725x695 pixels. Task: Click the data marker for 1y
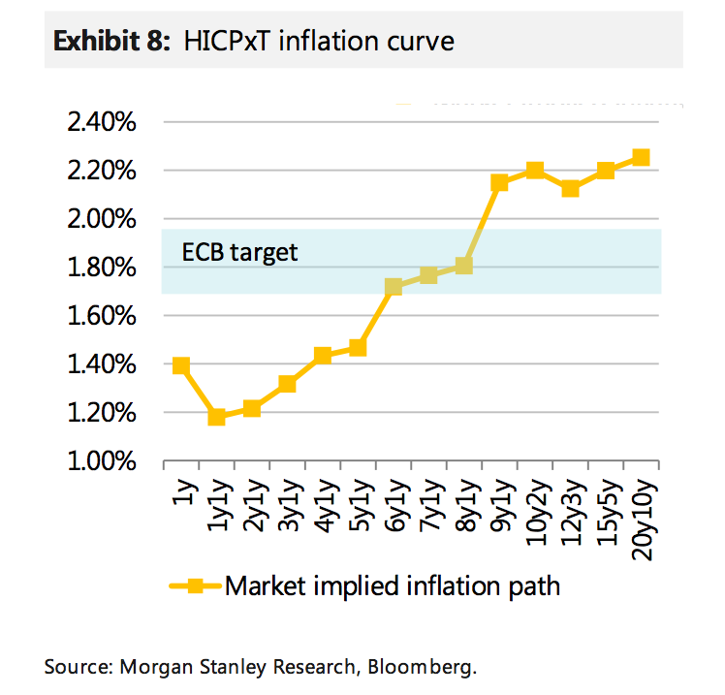[181, 365]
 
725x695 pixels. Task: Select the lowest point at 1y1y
[217, 417]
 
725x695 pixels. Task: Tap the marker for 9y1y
[499, 182]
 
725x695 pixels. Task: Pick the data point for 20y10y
[641, 157]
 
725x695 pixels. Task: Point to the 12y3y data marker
[570, 188]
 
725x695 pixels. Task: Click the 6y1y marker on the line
[394, 286]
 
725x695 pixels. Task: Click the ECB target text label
[239, 253]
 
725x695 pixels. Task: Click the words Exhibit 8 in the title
[110, 41]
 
